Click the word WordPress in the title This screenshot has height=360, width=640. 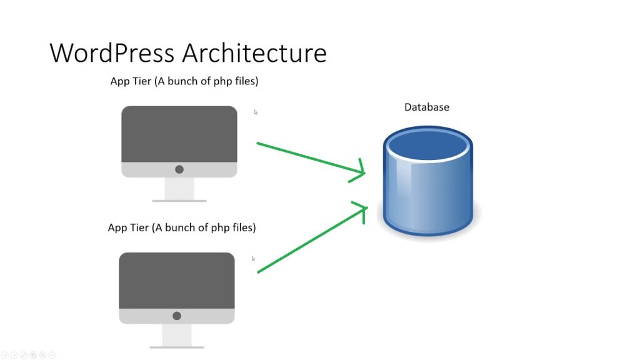point(112,53)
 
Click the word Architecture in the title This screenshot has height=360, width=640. point(254,53)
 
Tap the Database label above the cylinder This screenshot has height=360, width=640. point(426,107)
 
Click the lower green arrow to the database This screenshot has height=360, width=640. point(312,237)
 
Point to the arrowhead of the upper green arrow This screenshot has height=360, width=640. point(364,172)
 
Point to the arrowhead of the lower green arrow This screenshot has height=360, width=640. point(366,208)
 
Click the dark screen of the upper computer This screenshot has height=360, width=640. point(179,134)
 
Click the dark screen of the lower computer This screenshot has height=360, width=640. point(177,281)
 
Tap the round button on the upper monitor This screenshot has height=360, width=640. point(179,169)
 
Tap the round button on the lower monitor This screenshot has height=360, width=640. point(177,316)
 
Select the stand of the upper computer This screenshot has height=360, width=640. point(179,190)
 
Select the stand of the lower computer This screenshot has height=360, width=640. point(177,336)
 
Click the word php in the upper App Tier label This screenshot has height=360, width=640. point(222,82)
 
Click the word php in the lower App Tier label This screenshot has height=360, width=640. point(219,228)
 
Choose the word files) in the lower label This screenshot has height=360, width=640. point(244,227)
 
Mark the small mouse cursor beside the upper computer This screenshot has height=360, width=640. point(256,112)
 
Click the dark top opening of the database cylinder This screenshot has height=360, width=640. point(427,145)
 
